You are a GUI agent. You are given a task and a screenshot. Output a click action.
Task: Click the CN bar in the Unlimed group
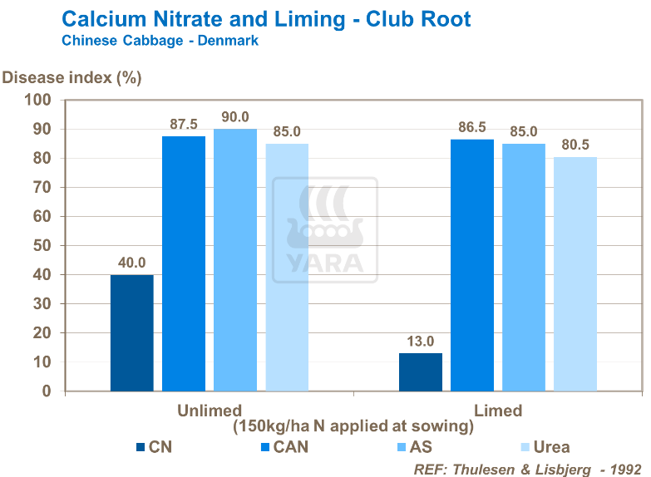pos(131,332)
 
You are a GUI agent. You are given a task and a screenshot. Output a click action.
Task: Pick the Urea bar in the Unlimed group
pos(287,267)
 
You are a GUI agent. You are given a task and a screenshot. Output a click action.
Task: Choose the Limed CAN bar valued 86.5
pos(472,265)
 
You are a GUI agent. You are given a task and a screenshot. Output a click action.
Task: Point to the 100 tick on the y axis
pos(39,101)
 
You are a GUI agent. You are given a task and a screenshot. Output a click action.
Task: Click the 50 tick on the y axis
pos(42,246)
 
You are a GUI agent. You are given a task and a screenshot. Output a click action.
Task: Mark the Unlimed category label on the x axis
pos(210,411)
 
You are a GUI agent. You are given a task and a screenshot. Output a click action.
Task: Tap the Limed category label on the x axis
pos(498,411)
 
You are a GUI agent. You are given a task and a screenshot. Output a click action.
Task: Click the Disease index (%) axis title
pos(72,78)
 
